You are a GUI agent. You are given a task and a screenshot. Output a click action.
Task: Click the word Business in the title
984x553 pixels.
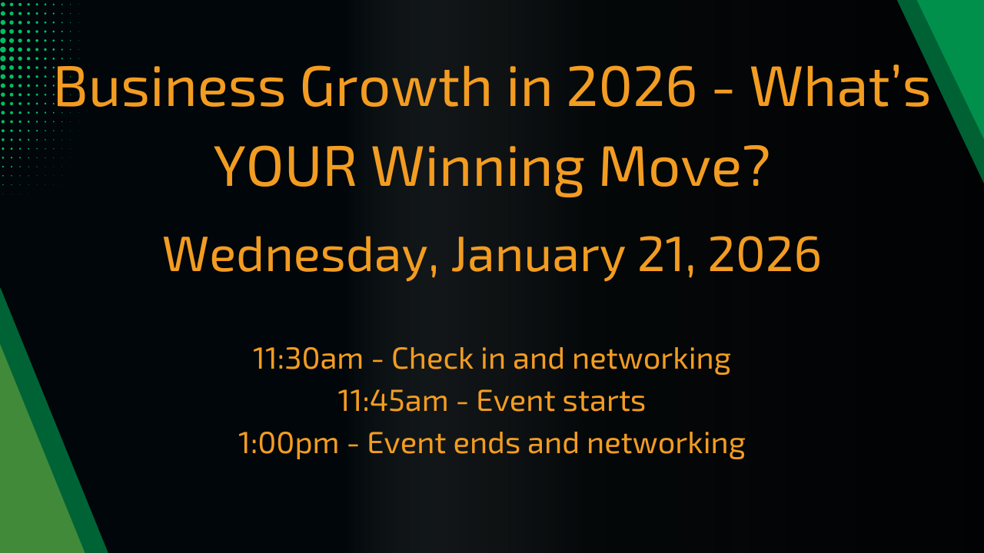[170, 87]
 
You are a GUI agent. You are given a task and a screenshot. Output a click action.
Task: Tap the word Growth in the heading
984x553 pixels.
[396, 87]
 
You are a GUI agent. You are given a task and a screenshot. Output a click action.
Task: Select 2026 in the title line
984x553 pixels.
[632, 87]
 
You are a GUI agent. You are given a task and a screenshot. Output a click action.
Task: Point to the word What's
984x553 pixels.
[840, 87]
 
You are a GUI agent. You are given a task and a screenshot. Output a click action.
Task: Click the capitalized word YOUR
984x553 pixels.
[284, 167]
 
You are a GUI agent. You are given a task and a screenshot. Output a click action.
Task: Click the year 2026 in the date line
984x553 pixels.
[764, 254]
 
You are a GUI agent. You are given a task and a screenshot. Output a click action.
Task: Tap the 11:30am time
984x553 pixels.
[308, 359]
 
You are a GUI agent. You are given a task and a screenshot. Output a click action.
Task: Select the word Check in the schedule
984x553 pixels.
[432, 358]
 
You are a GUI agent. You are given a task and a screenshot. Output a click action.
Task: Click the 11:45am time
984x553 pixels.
[393, 401]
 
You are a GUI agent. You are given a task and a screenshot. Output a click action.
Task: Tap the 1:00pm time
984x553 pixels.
[288, 444]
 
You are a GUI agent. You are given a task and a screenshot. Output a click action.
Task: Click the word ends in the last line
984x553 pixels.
[486, 443]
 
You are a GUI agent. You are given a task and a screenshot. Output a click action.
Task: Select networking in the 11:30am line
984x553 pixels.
[651, 360]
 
